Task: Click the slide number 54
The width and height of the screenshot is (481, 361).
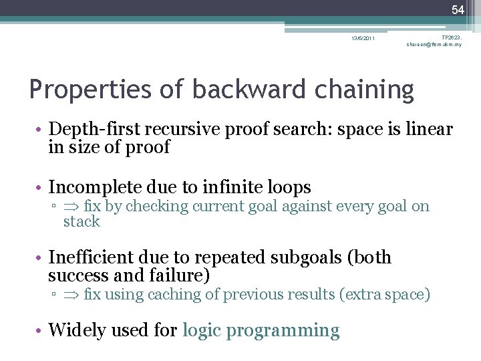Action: pyautogui.click(x=458, y=9)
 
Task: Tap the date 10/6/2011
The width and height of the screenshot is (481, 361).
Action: pyautogui.click(x=363, y=38)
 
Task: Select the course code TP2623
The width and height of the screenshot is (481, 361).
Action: pyautogui.click(x=452, y=37)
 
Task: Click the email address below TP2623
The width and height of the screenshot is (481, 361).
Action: pyautogui.click(x=434, y=45)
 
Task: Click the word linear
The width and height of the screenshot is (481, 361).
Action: pyautogui.click(x=428, y=129)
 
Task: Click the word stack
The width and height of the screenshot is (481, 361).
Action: pyautogui.click(x=82, y=222)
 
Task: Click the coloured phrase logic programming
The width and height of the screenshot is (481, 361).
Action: pyautogui.click(x=261, y=330)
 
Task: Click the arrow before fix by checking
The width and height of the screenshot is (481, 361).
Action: pyautogui.click(x=70, y=207)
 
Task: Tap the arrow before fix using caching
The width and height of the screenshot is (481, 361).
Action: pyautogui.click(x=70, y=295)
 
